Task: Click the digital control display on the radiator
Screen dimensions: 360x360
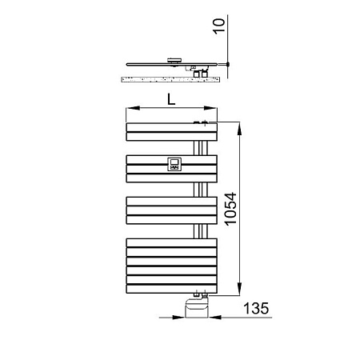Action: pos(175,165)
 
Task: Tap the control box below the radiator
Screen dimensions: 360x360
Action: pos(195,307)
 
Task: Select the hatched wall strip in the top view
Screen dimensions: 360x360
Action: pos(169,78)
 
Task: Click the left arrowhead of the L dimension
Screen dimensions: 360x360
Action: pos(129,107)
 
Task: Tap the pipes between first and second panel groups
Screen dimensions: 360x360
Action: pos(200,146)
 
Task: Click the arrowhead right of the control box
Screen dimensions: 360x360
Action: pos(212,318)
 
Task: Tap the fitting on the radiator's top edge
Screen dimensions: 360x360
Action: pos(201,122)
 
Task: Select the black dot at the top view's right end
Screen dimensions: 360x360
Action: pos(229,63)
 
